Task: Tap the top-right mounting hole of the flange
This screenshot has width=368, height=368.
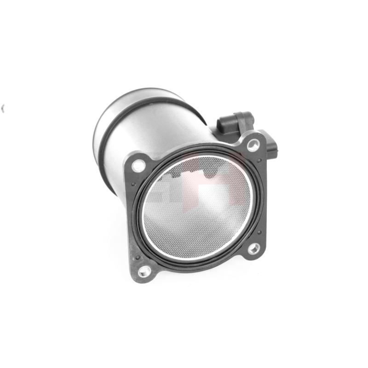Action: (253, 145)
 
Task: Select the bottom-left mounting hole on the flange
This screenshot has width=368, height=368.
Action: (144, 270)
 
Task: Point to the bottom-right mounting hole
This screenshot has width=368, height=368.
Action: (254, 248)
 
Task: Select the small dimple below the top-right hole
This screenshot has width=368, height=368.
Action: (259, 160)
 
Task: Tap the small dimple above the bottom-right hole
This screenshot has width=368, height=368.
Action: (259, 233)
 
